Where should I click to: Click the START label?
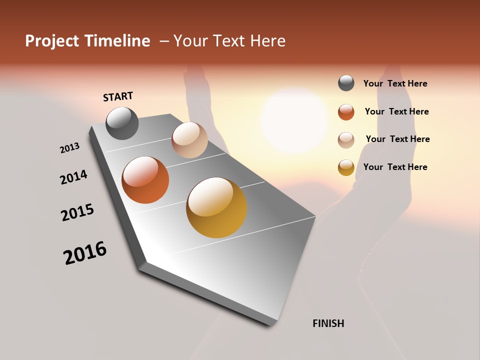pyautogui.click(x=118, y=96)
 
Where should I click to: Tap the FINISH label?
pyautogui.click(x=328, y=323)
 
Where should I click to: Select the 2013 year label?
pyautogui.click(x=69, y=148)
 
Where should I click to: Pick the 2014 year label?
pyautogui.click(x=73, y=177)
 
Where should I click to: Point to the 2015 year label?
pyautogui.click(x=77, y=212)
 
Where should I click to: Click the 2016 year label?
pyautogui.click(x=85, y=253)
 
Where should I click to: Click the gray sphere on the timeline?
pyautogui.click(x=122, y=123)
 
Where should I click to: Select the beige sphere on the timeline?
pyautogui.click(x=189, y=140)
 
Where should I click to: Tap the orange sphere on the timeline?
pyautogui.click(x=145, y=180)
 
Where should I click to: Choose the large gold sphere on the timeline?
pyautogui.click(x=216, y=207)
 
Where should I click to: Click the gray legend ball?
pyautogui.click(x=346, y=83)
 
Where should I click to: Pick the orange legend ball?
pyautogui.click(x=346, y=112)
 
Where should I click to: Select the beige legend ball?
pyautogui.click(x=346, y=140)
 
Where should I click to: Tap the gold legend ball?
pyautogui.click(x=346, y=168)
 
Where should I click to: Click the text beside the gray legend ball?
pyautogui.click(x=395, y=83)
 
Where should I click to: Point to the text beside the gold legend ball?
pyautogui.click(x=395, y=167)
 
